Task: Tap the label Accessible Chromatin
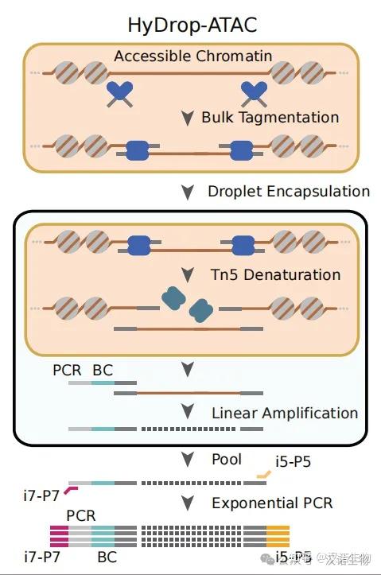192,56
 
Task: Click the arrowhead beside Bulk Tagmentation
187,118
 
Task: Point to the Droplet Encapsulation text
289,192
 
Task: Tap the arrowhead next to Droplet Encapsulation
187,192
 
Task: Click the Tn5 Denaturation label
275,275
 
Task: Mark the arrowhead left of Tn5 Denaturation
187,276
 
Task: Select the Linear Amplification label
285,414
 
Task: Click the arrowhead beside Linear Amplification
187,414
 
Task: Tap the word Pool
227,460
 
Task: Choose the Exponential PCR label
272,503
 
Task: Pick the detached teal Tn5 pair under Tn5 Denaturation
188,305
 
